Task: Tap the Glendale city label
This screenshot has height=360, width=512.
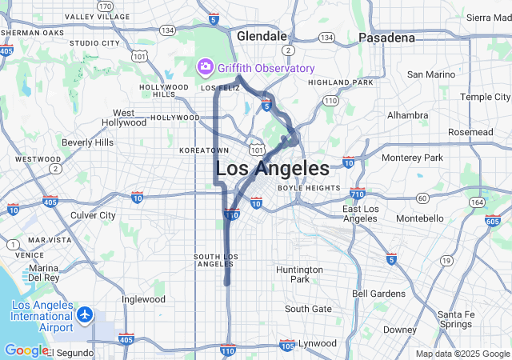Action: pos(262,36)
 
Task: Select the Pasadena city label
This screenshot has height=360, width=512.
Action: pos(386,38)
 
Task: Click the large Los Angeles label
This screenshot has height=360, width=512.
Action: pos(272,169)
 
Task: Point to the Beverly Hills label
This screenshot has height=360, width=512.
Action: pos(87,142)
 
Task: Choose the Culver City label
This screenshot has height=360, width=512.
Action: pos(93,215)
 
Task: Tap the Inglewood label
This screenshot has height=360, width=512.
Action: pos(143,299)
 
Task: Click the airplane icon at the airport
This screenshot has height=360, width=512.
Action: pos(86,315)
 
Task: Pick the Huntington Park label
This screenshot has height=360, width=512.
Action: pos(299,274)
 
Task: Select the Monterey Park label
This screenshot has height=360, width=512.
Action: pos(412,158)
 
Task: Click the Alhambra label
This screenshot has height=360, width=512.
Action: pos(407,115)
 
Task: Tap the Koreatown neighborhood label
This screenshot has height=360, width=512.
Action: pos(204,150)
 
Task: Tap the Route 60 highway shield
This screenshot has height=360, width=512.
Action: pos(422,197)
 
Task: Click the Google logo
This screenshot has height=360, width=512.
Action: pos(26,350)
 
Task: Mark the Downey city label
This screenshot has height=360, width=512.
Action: pos(399,330)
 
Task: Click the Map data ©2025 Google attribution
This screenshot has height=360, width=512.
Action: pos(462,354)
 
